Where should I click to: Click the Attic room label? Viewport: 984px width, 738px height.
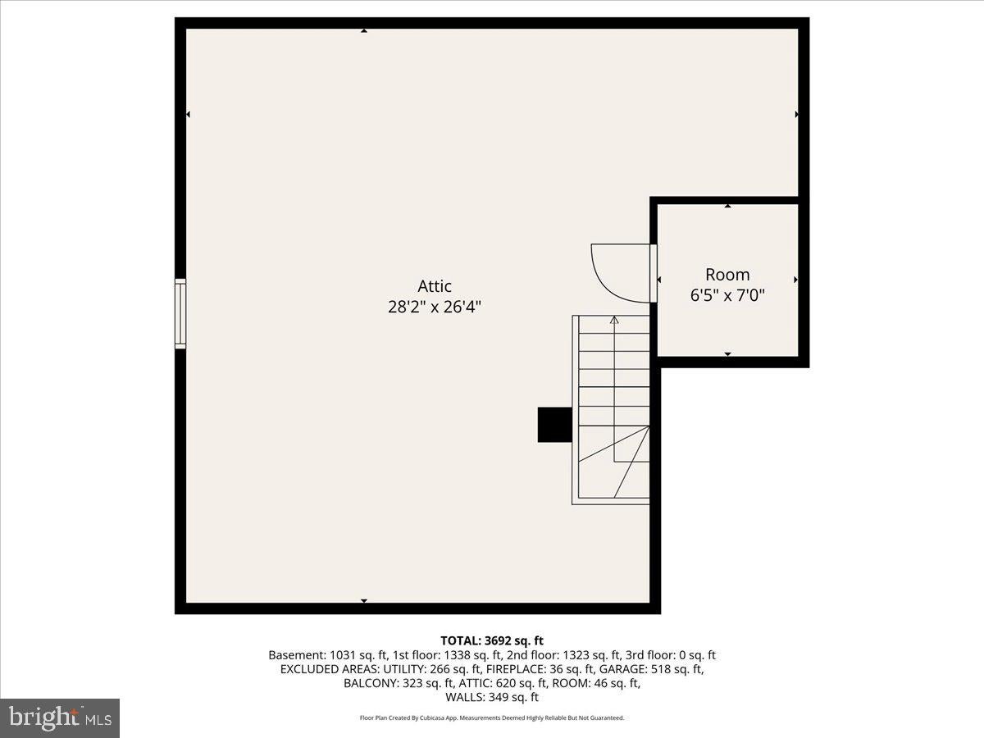(x=435, y=286)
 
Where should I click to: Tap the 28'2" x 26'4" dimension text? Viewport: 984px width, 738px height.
(x=435, y=307)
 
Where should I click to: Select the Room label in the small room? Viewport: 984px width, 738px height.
(x=727, y=274)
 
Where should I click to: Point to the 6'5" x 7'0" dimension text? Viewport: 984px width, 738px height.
(x=727, y=296)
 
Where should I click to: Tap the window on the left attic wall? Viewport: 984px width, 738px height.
(x=180, y=314)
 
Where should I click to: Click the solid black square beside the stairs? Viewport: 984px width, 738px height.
(x=555, y=425)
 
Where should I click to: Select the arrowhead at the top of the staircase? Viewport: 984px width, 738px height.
(x=614, y=320)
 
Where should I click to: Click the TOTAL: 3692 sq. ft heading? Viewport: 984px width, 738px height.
(x=492, y=640)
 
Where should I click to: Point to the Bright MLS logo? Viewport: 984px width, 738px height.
(x=60, y=717)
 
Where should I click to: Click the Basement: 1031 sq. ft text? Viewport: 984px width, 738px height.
(x=328, y=655)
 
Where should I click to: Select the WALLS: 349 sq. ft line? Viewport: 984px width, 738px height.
(x=492, y=697)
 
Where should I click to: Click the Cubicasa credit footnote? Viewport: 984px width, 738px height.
(x=492, y=717)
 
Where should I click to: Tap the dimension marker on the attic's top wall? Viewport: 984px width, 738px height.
(x=364, y=31)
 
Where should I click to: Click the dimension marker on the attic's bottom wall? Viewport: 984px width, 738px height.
(x=364, y=601)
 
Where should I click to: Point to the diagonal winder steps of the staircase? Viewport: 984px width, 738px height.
(x=614, y=462)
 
